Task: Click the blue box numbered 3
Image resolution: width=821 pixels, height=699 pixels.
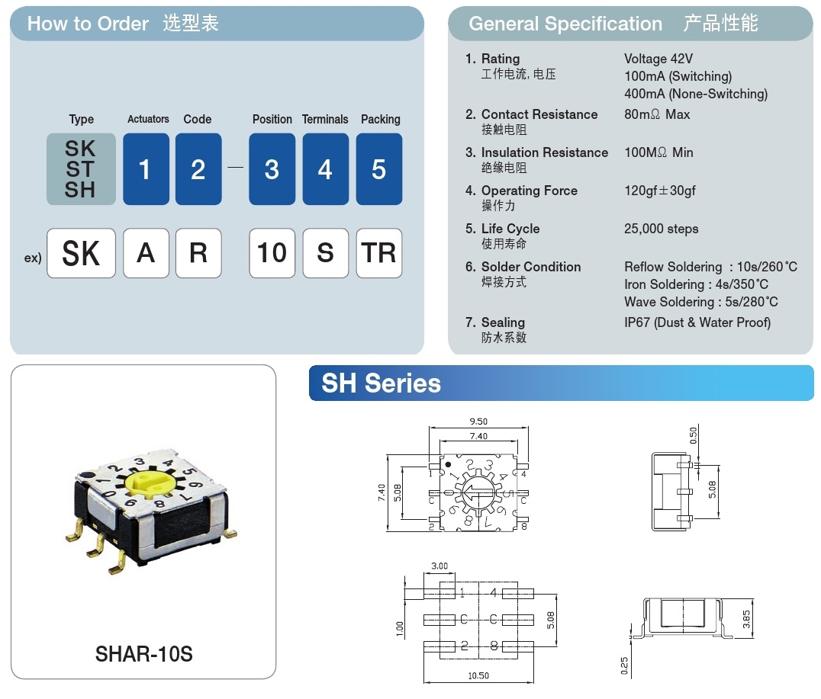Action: pos(272,169)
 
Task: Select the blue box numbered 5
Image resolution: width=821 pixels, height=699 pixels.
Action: pos(379,169)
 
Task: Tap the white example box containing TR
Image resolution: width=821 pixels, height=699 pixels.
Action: pos(379,253)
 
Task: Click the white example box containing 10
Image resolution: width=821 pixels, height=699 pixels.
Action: pos(272,253)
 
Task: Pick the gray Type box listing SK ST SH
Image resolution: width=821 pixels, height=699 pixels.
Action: pos(81,169)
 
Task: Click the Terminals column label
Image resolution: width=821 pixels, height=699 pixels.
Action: pos(325,120)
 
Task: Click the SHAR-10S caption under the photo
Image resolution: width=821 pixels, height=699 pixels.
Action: pos(143,654)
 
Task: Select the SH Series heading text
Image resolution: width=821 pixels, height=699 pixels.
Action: pos(381,383)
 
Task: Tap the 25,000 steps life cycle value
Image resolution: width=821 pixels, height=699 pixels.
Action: pos(661,229)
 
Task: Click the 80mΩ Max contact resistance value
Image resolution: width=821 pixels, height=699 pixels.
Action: pos(656,114)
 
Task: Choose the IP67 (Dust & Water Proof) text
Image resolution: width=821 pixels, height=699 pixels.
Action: pos(697,322)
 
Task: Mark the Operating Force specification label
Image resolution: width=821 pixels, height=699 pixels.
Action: pos(529,191)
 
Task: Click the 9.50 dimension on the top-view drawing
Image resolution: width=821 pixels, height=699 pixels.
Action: pos(478,422)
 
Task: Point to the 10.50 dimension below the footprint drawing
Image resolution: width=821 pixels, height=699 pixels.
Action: pos(478,675)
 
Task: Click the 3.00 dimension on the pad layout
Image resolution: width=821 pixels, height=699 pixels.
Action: pos(439,566)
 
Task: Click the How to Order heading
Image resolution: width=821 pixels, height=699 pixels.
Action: pos(88,24)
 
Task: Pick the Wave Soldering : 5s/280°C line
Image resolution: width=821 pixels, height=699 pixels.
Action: pos(700,302)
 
